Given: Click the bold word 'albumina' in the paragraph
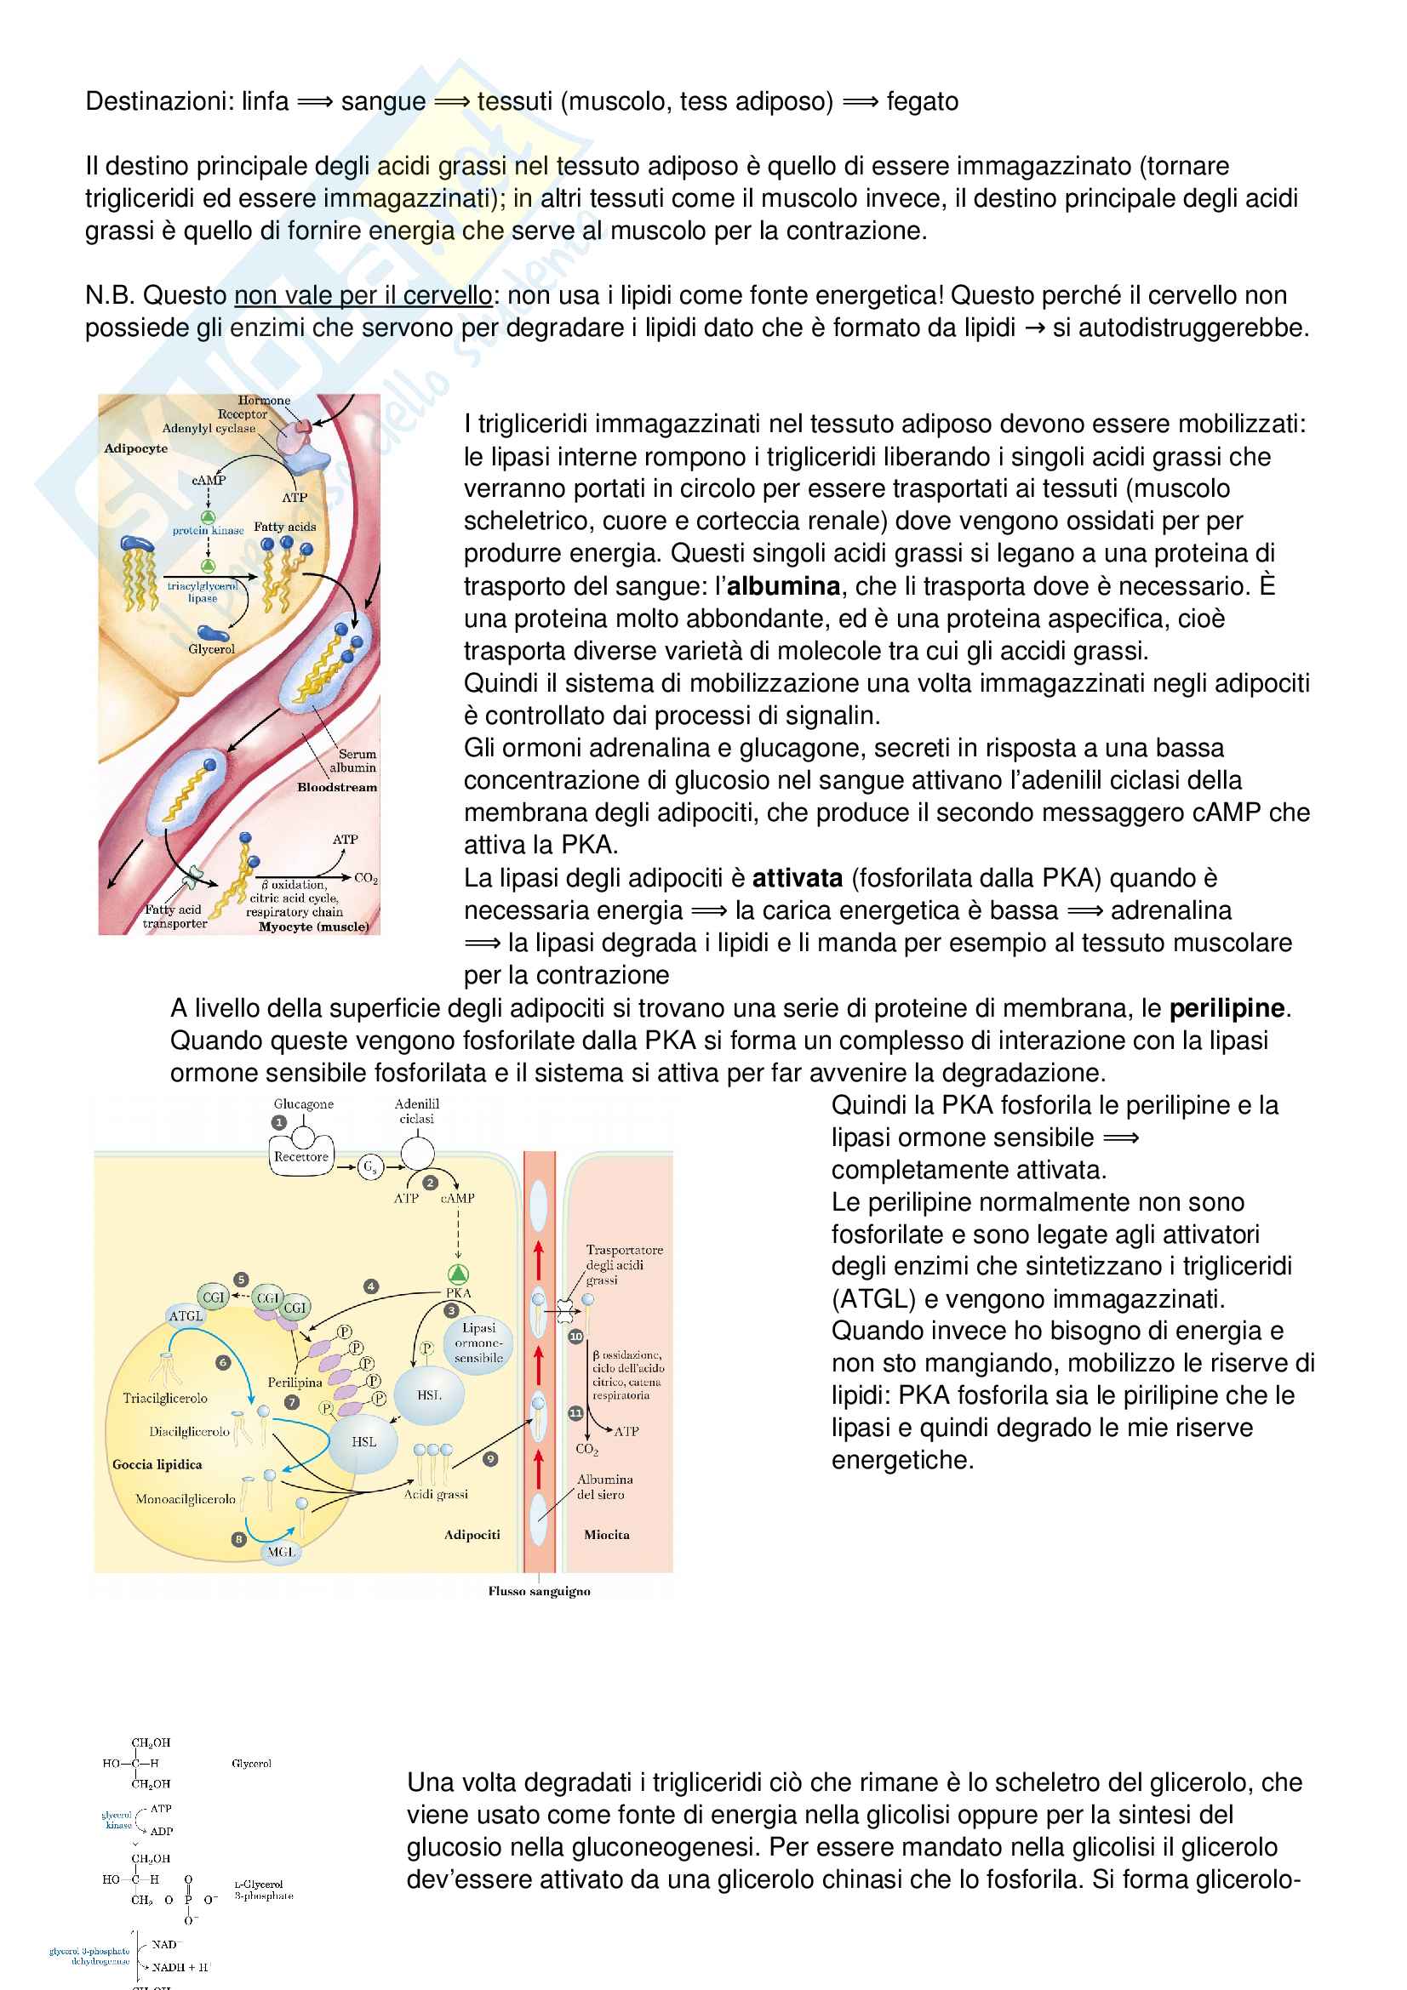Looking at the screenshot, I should click(x=783, y=586).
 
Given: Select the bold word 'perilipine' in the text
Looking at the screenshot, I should click(x=1226, y=1008).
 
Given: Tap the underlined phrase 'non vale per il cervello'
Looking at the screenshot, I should click(x=363, y=295).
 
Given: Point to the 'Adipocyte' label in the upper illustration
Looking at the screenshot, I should click(x=135, y=448).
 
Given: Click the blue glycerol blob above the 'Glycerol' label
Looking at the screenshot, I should click(x=213, y=633).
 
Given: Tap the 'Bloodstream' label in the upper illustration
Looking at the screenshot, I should click(x=337, y=787).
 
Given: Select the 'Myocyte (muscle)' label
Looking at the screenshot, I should click(x=314, y=927).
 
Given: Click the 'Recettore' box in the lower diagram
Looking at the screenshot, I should click(x=300, y=1157).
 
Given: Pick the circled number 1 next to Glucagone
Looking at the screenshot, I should click(x=279, y=1121).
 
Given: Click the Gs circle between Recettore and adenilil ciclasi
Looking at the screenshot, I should click(x=370, y=1166).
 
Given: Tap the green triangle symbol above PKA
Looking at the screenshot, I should click(x=458, y=1274).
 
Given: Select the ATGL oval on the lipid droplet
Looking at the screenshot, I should click(x=186, y=1315).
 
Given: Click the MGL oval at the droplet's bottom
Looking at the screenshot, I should click(x=281, y=1552).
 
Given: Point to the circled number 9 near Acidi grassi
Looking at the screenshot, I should click(x=490, y=1459).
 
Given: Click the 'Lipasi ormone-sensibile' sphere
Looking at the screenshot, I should click(x=478, y=1343).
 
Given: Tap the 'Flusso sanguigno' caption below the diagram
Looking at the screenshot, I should click(x=539, y=1591).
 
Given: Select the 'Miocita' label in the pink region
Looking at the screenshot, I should click(x=607, y=1534).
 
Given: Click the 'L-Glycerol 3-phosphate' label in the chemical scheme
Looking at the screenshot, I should click(x=264, y=1890).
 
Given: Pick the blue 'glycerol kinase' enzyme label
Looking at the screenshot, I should click(x=117, y=1819).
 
